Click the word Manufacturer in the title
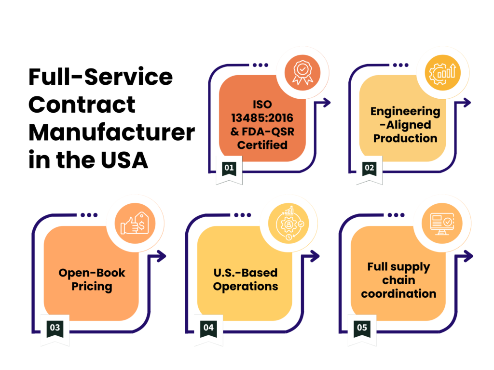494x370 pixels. tap(112, 132)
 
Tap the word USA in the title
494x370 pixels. tap(124, 160)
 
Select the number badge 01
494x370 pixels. tap(229, 168)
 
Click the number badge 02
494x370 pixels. tap(369, 168)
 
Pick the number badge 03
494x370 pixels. tap(55, 328)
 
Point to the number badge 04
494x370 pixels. tap(208, 328)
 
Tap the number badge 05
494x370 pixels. tap(362, 328)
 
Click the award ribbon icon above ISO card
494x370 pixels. tap(302, 73)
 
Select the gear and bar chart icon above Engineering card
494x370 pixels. tap(443, 73)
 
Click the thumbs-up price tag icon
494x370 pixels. tap(135, 224)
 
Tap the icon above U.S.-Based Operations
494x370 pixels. tap(289, 223)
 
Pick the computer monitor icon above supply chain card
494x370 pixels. tap(442, 224)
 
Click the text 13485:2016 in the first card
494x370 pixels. tap(262, 118)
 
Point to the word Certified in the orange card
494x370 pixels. tap(262, 145)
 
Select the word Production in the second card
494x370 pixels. tap(405, 138)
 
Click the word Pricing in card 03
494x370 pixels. tap(92, 287)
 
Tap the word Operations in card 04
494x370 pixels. tap(246, 287)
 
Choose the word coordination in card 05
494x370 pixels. tap(398, 293)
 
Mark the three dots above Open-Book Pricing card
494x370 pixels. tap(89, 215)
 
